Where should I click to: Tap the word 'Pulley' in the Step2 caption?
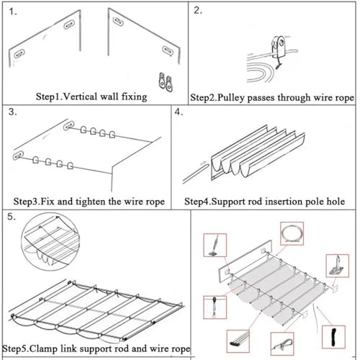tap(230, 98)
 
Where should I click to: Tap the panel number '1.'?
tap(13, 12)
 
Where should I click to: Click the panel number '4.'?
tap(179, 112)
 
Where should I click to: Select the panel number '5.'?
tap(12, 217)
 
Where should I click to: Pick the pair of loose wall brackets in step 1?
tap(166, 82)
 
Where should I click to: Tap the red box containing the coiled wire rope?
tap(292, 233)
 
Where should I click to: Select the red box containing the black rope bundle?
tap(333, 337)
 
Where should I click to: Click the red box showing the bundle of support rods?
tap(238, 341)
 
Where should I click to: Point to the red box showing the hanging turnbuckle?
tap(215, 307)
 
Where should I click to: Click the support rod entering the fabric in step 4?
tap(195, 172)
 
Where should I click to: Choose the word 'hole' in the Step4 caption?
tap(336, 202)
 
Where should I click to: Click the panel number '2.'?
tap(198, 11)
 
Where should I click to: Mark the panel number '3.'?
tap(12, 112)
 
